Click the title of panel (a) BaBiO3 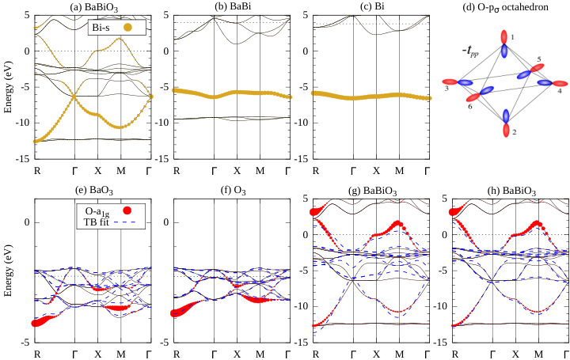click(93, 7)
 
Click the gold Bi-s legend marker click(127, 27)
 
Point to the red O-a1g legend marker click(127, 210)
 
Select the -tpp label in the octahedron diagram click(470, 51)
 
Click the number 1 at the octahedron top click(512, 36)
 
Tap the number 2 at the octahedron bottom click(514, 133)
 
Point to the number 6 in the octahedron click(470, 107)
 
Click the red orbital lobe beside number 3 click(450, 81)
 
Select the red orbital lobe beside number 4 click(560, 84)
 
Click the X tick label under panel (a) click(98, 171)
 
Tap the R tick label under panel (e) click(37, 354)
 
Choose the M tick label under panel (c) click(399, 171)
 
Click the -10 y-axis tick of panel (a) click(22, 123)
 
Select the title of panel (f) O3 click(233, 190)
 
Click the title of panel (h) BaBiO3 click(511, 191)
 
